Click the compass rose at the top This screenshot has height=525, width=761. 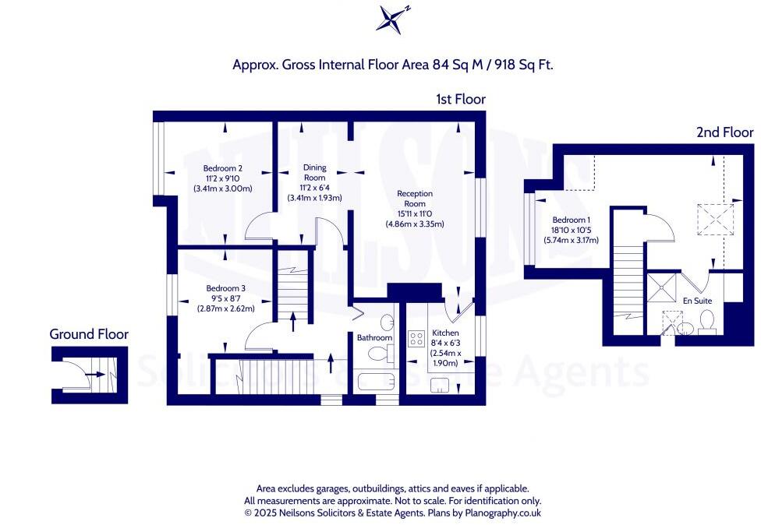coord(392,19)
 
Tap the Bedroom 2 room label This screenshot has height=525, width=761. coord(223,168)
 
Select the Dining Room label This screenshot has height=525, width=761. coord(314,168)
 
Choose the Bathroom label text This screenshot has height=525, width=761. coord(374,338)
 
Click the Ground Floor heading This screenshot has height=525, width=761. coord(89,334)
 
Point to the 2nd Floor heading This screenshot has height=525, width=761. coord(724,133)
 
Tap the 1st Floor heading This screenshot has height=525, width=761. coord(461,100)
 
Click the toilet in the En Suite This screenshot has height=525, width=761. coord(708,321)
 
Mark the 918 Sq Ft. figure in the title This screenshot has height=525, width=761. coord(517,65)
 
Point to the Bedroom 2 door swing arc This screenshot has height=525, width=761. coord(256,228)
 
